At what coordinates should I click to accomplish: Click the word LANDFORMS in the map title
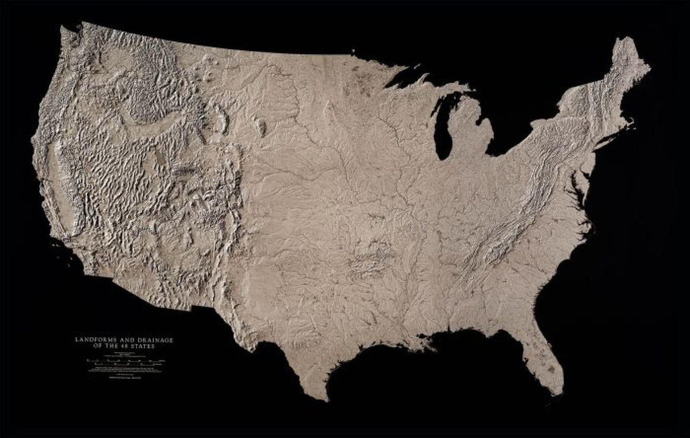tap(91, 340)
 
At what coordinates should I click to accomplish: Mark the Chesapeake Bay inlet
tap(579, 184)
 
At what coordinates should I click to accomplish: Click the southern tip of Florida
tap(555, 393)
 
